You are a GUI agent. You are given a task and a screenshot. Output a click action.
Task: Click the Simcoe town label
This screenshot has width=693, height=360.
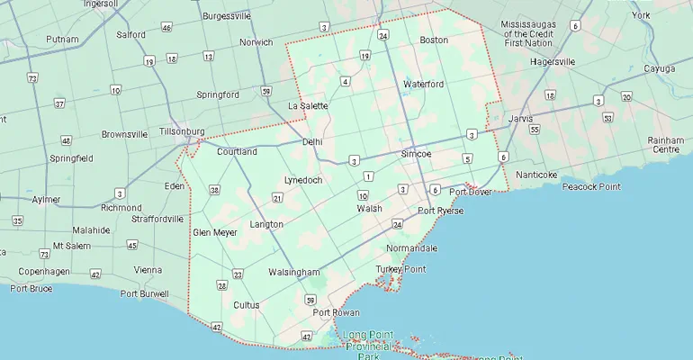pos(416,154)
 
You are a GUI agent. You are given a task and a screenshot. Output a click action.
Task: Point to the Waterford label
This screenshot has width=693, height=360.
pos(423,85)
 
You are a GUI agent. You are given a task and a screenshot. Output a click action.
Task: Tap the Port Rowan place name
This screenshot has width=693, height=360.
pos(335,312)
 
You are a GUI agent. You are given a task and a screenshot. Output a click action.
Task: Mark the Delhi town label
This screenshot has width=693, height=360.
pos(312,142)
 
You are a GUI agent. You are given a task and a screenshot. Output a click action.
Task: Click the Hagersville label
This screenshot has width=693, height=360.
pos(553,62)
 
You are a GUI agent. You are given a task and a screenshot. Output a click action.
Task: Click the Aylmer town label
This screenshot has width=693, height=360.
pos(46,200)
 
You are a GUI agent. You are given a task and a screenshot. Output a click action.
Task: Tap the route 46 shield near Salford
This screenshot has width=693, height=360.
pos(166,28)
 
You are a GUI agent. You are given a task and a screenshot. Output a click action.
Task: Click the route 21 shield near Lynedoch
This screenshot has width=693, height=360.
pos(277,198)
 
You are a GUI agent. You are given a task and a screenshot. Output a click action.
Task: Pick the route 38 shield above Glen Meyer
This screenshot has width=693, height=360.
pos(214,190)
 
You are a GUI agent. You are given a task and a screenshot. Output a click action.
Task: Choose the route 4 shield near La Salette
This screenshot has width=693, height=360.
pos(345,82)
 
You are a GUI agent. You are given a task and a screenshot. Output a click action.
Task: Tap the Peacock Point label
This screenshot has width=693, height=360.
pos(590,186)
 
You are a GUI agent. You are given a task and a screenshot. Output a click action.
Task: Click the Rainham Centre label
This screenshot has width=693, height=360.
pos(665,145)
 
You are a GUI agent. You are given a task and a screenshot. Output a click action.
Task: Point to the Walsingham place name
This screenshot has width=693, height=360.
pos(293,272)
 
